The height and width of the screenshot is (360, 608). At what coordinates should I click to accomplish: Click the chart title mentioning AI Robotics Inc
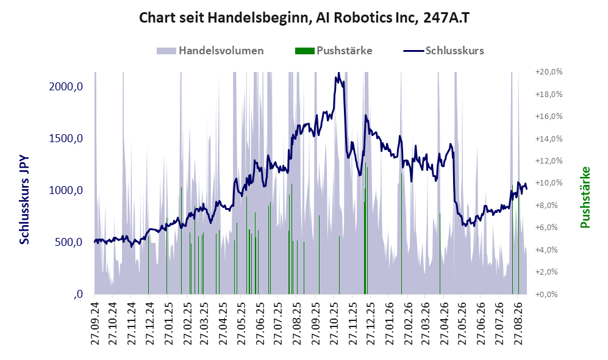tap(304, 18)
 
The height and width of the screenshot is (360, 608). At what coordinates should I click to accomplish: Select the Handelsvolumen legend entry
tap(210, 51)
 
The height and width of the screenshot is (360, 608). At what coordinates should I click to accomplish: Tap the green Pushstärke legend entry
tap(334, 51)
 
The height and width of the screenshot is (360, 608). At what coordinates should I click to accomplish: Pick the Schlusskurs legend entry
tap(443, 51)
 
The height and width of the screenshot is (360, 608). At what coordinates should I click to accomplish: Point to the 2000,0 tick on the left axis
tap(66, 86)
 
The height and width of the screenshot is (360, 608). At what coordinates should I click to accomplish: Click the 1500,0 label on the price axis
tap(66, 139)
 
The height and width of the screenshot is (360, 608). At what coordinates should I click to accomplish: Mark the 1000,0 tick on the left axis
tap(66, 190)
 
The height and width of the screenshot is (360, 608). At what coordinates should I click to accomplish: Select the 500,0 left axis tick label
tap(69, 242)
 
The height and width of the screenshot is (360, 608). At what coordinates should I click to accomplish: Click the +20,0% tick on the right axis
tap(549, 72)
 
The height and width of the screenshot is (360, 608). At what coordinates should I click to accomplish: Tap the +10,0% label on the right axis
tap(549, 182)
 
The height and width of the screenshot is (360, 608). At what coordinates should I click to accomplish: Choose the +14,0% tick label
tap(549, 139)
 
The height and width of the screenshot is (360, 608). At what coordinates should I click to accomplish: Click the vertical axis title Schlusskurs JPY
tap(24, 200)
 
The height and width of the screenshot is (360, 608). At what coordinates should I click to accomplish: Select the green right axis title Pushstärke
tap(585, 198)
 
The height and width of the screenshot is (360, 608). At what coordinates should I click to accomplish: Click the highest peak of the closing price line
tap(338, 73)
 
